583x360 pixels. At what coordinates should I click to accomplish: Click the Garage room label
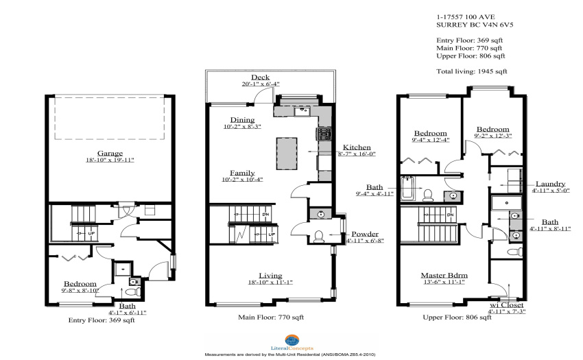[x=110, y=153]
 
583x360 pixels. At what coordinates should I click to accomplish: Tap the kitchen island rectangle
[x=287, y=154]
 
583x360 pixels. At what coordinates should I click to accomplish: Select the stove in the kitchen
[x=324, y=134]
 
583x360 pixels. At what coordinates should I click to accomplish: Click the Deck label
[x=260, y=77]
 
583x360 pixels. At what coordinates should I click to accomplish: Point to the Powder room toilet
[x=319, y=237]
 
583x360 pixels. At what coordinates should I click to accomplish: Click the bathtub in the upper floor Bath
[x=407, y=189]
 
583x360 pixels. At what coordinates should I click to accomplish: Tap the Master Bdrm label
[x=444, y=275]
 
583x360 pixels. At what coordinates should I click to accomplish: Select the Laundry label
[x=550, y=184]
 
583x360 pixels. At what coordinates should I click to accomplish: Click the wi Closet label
[x=506, y=305]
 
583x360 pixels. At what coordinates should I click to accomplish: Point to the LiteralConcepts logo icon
[x=292, y=340]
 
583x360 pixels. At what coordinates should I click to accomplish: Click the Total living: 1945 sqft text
[x=471, y=71]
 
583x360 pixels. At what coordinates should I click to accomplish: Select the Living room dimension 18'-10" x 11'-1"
[x=270, y=283]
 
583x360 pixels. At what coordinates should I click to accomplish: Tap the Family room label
[x=242, y=173]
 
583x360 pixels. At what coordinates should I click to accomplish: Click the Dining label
[x=242, y=120]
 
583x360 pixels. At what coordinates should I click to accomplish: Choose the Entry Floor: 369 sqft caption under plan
[x=102, y=320]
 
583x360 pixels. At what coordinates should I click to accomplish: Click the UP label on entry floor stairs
[x=91, y=234]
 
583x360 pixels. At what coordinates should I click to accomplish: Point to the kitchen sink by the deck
[x=302, y=111]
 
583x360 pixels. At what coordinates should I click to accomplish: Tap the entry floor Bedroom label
[x=80, y=284]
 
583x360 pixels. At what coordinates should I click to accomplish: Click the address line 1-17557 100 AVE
[x=466, y=16]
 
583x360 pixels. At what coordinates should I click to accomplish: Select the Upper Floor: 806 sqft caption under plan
[x=457, y=317]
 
